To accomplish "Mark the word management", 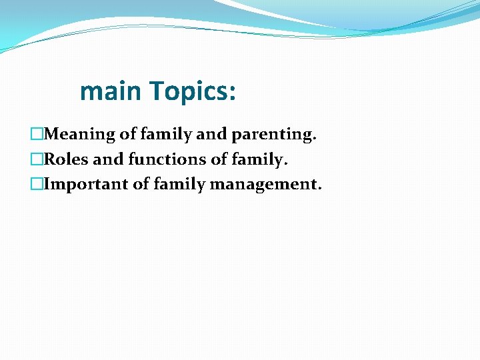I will coord(265,184).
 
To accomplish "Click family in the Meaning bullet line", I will coord(167,135).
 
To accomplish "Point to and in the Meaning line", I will coord(212,135).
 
